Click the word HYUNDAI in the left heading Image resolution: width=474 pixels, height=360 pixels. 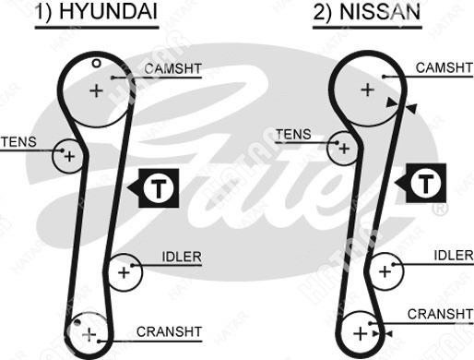[108, 12]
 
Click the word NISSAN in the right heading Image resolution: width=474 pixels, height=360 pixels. [380, 12]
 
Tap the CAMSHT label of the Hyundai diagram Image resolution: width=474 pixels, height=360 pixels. [172, 68]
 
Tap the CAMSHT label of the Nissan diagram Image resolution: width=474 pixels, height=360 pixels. [444, 67]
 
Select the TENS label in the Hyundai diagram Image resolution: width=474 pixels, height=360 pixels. [18, 142]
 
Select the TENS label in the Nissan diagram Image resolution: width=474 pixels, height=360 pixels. [293, 135]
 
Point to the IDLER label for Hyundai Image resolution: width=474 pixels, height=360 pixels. [182, 257]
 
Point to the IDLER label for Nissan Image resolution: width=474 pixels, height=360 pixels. [454, 255]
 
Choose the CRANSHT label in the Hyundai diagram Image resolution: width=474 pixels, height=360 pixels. [169, 331]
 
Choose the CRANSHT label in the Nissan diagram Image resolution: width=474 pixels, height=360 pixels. [440, 314]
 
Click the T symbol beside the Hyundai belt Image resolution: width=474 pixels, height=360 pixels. [159, 188]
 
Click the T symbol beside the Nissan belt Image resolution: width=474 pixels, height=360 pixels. [426, 183]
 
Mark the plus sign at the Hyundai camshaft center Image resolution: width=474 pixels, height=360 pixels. [96, 90]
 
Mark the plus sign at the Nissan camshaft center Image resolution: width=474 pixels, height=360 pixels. [367, 90]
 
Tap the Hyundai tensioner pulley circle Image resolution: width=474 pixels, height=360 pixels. [53, 156]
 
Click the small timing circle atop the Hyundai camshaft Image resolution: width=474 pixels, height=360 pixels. [97, 64]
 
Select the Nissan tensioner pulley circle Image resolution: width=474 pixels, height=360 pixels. [328, 149]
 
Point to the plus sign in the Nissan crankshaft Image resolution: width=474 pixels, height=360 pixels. [361, 333]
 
